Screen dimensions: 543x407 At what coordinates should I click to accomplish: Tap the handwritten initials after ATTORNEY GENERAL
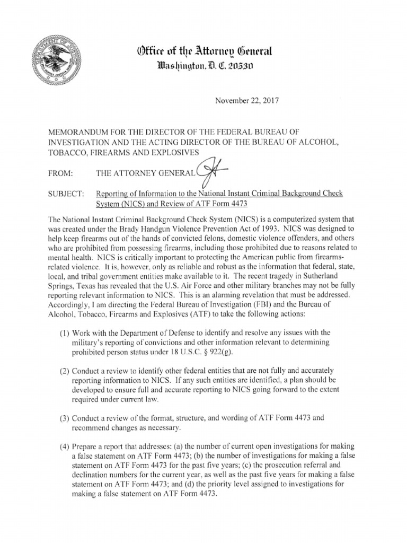coord(210,171)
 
